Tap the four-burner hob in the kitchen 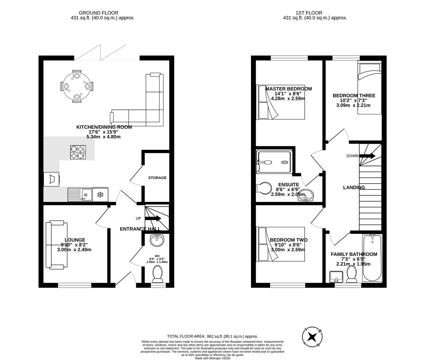point(77,152)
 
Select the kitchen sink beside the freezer point(80,194)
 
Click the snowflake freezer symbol point(100,195)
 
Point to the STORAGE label point(157,178)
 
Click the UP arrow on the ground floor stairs point(153,219)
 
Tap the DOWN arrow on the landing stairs point(367,156)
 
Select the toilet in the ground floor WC point(157,274)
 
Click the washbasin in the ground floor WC point(157,240)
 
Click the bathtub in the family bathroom point(372,258)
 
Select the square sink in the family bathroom point(336,276)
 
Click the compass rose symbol point(312,337)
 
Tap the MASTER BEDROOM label point(289,89)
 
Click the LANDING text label point(354,187)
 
